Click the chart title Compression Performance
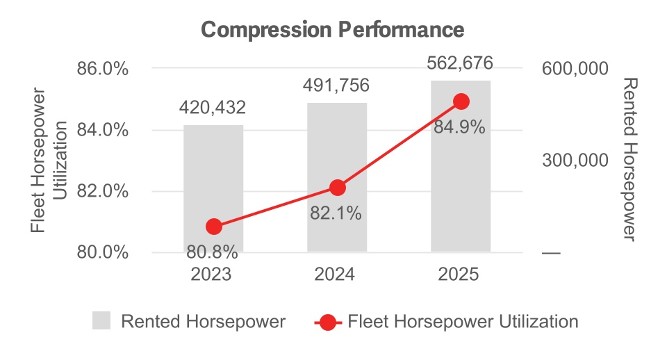tap(333, 30)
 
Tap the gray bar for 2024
tap(337, 153)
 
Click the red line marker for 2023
tap(214, 227)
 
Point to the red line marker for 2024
tap(338, 188)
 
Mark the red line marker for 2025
tap(461, 101)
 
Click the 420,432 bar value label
tap(213, 108)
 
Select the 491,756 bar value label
tap(336, 85)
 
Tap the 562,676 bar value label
tap(460, 63)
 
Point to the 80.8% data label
tap(213, 251)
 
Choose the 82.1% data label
tap(336, 213)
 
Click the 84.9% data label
tap(459, 128)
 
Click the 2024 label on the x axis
tap(336, 274)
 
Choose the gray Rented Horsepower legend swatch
tap(101, 321)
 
